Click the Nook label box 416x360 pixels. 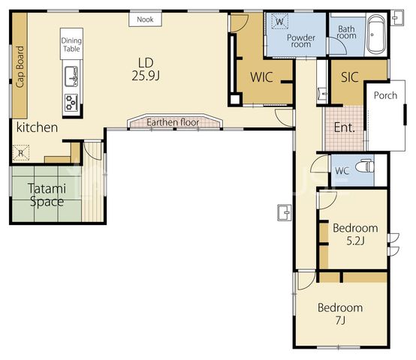146,19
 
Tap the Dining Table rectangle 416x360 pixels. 71,43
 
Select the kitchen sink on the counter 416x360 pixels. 71,76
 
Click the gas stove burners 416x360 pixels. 71,102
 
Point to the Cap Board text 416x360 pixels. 20,67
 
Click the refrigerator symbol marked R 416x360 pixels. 21,153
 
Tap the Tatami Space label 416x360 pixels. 47,195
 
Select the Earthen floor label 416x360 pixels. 173,122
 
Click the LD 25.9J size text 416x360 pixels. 146,70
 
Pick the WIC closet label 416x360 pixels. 261,77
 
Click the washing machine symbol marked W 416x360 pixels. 280,21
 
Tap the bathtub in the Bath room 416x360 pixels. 376,34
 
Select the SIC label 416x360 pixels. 350,77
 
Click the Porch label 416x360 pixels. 385,95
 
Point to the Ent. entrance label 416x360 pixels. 345,127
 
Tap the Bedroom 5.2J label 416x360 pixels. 355,235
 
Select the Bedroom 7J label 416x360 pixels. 340,314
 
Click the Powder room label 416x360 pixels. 301,40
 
